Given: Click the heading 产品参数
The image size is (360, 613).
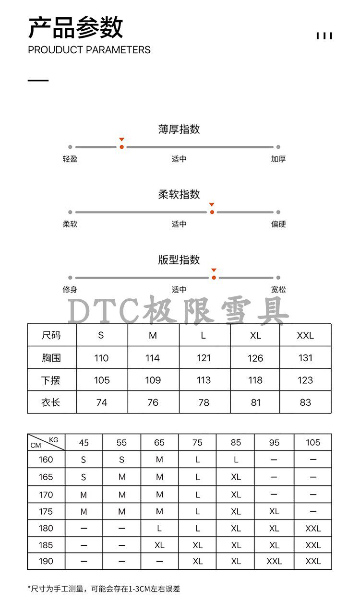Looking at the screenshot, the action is tap(75, 27).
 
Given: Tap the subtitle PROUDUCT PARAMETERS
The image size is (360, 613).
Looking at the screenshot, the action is tap(89, 50).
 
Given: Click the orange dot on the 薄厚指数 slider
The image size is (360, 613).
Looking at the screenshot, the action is tap(122, 147).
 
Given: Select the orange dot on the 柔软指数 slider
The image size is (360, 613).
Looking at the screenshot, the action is tap(212, 212).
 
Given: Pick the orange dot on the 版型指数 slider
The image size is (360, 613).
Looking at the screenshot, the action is tap(214, 278).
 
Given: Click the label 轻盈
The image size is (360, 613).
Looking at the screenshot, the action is tap(70, 159).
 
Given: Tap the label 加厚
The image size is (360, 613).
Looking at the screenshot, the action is tap(278, 159).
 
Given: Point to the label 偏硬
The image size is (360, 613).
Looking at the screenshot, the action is tap(278, 224).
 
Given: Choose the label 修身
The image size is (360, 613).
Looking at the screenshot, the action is tap(70, 290).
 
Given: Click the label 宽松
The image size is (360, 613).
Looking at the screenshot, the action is tap(278, 290).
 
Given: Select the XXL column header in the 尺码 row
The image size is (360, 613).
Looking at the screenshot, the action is tap(305, 335).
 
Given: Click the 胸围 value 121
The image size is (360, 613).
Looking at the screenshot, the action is tap(204, 358).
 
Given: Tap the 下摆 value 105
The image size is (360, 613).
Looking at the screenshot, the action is tap(102, 380).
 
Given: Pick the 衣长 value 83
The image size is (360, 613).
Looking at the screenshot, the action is tap(305, 402).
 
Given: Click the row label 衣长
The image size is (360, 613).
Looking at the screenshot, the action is tap(51, 402).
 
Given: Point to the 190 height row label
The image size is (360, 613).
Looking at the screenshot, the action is tap(46, 561).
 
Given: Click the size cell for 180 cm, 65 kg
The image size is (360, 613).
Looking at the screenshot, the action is tap(159, 529).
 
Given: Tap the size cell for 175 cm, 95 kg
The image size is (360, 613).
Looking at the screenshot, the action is tap(274, 512).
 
